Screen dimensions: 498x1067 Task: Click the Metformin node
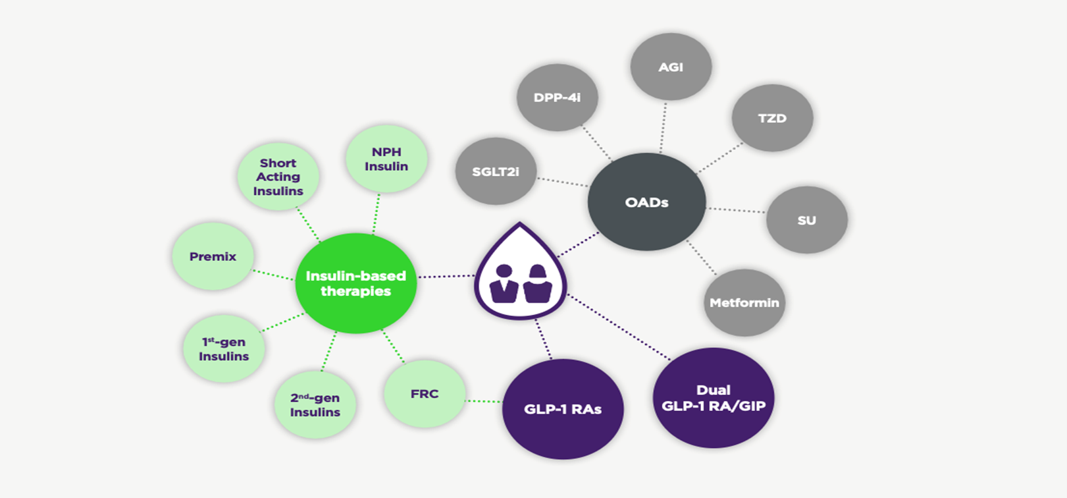tap(744, 302)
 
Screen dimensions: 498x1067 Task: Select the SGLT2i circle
tap(496, 171)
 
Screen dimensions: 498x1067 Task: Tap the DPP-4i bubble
tap(557, 97)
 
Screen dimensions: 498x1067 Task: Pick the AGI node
tap(671, 67)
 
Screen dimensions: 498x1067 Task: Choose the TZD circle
tap(772, 118)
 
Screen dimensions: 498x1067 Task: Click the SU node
tap(806, 220)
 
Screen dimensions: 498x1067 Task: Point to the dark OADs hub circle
tap(646, 202)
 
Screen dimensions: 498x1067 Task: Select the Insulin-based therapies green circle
tap(355, 283)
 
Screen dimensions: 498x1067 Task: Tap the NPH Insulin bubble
tap(386, 159)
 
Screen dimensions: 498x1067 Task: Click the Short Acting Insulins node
tap(278, 177)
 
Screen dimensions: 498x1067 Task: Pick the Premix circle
tap(213, 256)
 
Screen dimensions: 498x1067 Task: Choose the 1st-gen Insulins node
tap(224, 348)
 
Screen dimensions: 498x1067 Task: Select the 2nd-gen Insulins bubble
tap(315, 404)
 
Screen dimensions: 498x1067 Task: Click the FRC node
tap(425, 393)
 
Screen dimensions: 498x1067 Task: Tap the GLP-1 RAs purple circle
tap(563, 409)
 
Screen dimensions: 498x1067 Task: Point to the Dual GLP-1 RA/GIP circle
tap(714, 398)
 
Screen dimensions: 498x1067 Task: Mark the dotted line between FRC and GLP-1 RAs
tap(484, 401)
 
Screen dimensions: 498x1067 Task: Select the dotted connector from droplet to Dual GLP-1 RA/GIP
tap(619, 328)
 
